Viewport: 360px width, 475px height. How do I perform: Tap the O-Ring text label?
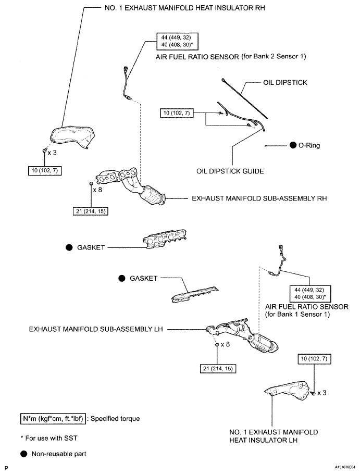coord(309,146)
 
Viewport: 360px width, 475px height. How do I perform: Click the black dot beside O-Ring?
coord(293,146)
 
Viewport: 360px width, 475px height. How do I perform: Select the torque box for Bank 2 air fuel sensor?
coord(178,41)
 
